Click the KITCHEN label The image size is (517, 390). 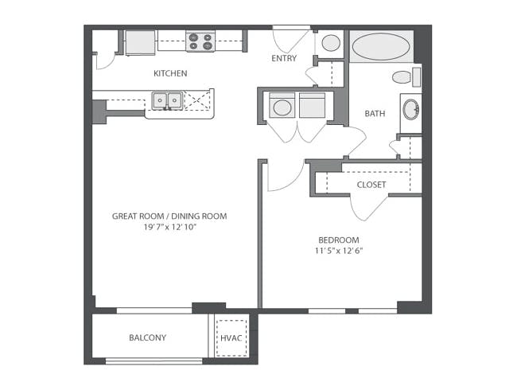point(170,73)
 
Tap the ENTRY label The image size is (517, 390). point(284,58)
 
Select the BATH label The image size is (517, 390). point(375,114)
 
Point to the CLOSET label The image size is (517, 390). point(371,185)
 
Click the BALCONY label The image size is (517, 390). point(147,337)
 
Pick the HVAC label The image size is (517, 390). point(231,338)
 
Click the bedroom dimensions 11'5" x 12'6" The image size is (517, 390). point(339,251)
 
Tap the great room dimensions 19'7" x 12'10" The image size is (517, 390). point(169,227)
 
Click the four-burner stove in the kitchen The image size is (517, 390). point(200,42)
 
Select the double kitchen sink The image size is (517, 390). point(167,100)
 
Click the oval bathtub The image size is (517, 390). point(381,46)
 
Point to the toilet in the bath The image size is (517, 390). point(406,77)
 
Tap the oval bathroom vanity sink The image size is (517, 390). point(411,109)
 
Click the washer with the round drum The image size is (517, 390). point(282,105)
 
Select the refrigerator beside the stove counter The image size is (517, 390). point(140,43)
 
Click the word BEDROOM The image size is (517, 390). point(339,240)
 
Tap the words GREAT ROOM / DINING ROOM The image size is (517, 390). point(169,216)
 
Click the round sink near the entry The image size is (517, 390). point(331,43)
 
